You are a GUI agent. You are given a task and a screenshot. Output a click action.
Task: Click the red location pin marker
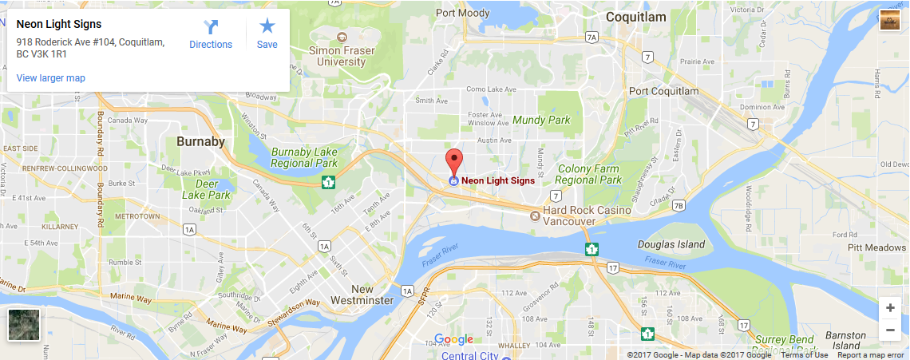click(453, 160)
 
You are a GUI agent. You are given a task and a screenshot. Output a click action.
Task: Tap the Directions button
click(211, 35)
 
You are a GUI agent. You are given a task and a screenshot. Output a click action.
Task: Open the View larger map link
click(51, 78)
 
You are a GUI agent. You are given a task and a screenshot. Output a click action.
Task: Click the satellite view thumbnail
click(23, 326)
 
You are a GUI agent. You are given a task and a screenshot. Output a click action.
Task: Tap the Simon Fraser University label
click(342, 56)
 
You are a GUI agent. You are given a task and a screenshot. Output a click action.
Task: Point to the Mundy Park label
click(541, 120)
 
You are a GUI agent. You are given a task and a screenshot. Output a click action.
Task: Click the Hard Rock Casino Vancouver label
click(586, 215)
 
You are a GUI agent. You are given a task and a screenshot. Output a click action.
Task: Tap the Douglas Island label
click(671, 244)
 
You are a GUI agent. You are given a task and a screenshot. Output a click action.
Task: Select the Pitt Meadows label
click(876, 248)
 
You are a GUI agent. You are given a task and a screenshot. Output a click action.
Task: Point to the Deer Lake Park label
click(205, 189)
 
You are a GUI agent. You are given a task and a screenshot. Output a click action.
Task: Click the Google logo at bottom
click(453, 339)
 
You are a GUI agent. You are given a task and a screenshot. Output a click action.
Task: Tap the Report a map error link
click(871, 355)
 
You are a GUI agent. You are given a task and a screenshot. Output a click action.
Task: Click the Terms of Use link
click(804, 355)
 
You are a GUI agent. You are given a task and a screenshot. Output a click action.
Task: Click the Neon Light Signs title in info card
click(59, 25)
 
